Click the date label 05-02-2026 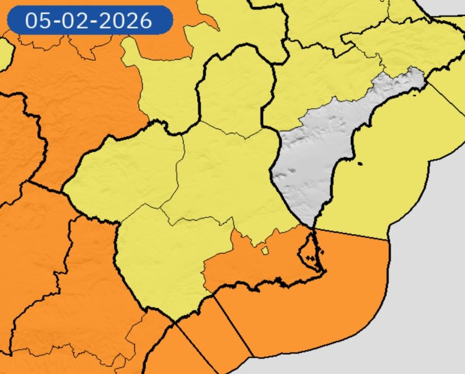[x=89, y=20]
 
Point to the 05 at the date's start [x=37, y=20]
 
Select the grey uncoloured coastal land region [x=310, y=161]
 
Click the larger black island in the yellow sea [x=361, y=164]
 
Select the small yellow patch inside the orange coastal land [x=265, y=251]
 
